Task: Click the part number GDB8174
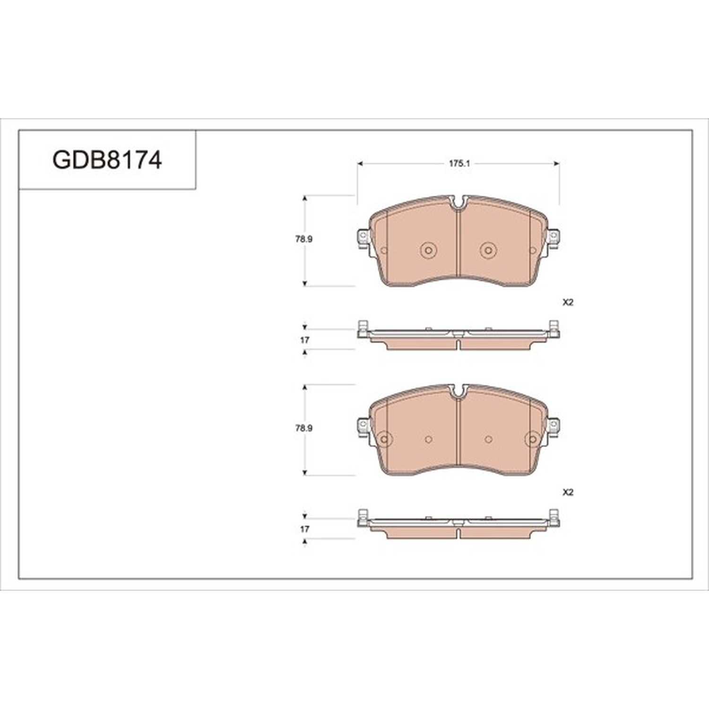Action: [x=107, y=160]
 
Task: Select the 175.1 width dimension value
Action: [x=458, y=164]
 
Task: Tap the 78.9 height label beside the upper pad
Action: [x=304, y=239]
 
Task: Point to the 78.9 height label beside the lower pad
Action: [x=304, y=428]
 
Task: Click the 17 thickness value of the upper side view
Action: [x=305, y=340]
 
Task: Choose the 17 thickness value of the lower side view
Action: [x=305, y=529]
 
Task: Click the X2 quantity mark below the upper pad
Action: [x=568, y=303]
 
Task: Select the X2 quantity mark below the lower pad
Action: [x=568, y=492]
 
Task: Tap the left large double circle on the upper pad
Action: [x=428, y=250]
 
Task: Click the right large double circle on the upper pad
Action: [x=488, y=250]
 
